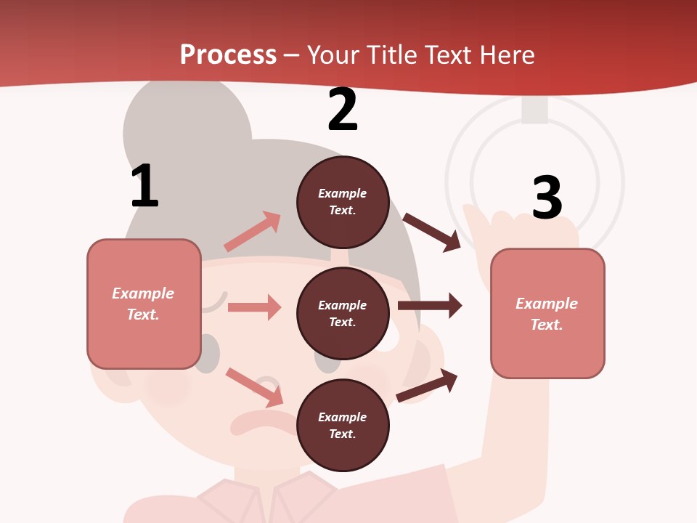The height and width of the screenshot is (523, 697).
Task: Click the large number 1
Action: [144, 186]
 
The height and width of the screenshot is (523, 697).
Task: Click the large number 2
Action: [343, 110]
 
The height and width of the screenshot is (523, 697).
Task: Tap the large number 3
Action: [547, 198]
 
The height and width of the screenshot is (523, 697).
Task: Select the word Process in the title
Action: [228, 54]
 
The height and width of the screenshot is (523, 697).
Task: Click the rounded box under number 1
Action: [144, 304]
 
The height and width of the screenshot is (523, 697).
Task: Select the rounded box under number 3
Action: [547, 313]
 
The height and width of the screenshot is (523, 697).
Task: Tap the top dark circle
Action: [343, 202]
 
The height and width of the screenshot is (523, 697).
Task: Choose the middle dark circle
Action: [343, 313]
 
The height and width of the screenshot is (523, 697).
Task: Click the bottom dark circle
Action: [343, 425]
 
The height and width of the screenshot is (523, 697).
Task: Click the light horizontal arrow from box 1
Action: [254, 307]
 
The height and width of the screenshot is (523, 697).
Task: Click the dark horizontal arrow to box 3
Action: [430, 306]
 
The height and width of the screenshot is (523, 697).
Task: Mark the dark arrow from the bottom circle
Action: [427, 386]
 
